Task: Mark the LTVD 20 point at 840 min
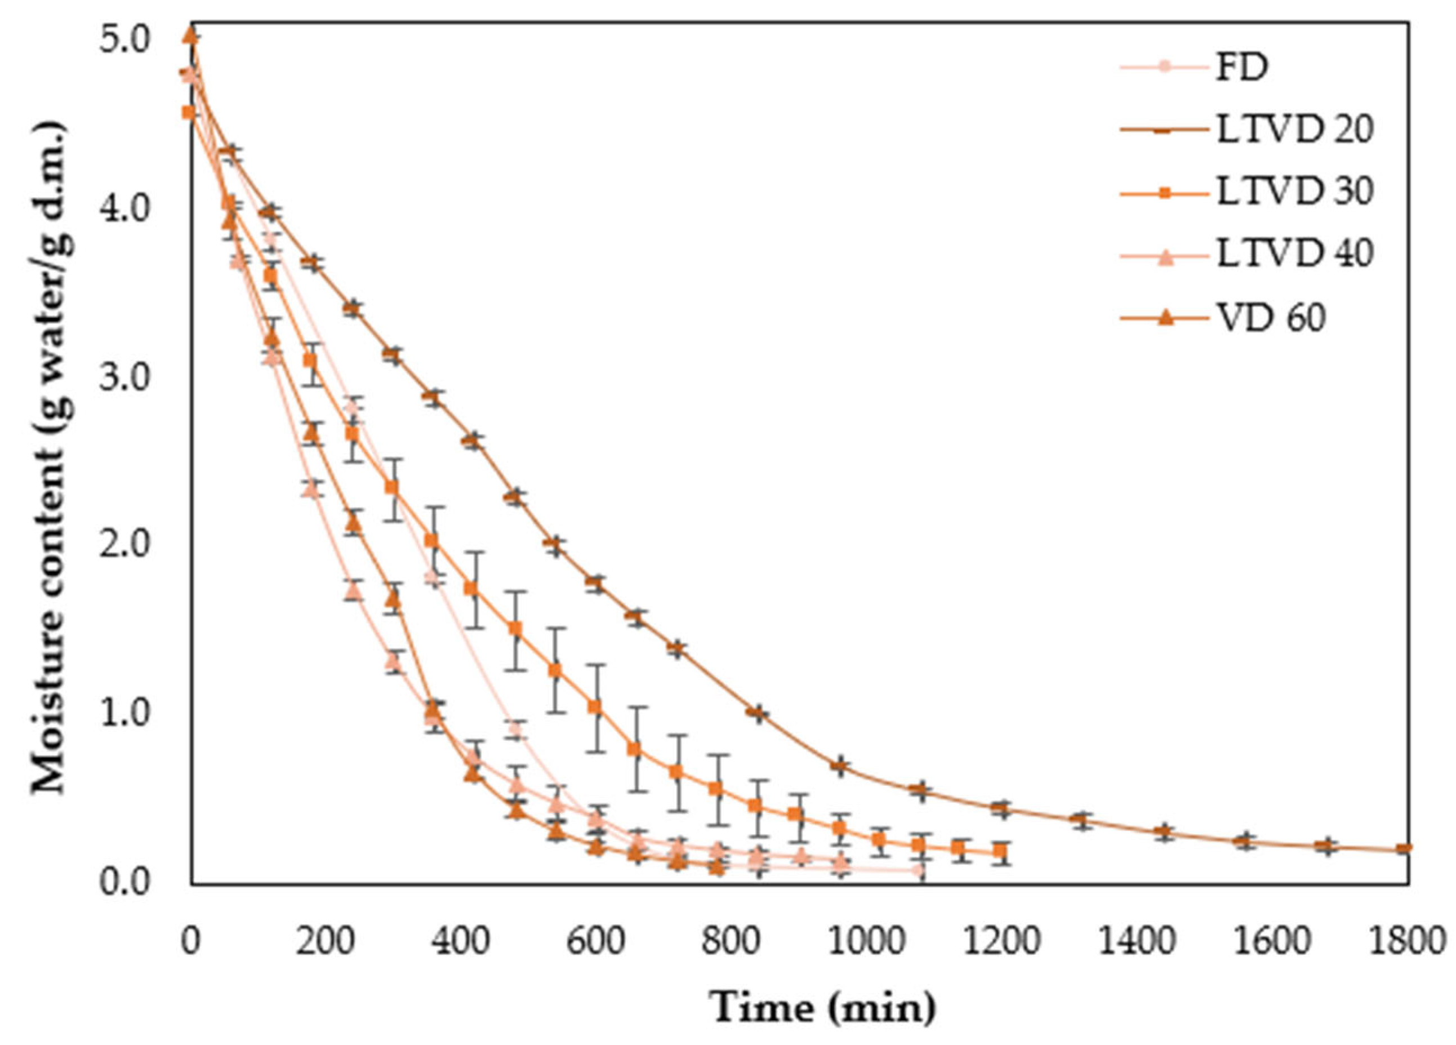[x=758, y=713]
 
